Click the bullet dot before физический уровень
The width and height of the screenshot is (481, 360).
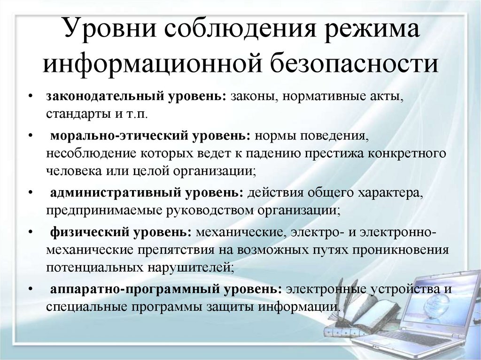click(31, 231)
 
